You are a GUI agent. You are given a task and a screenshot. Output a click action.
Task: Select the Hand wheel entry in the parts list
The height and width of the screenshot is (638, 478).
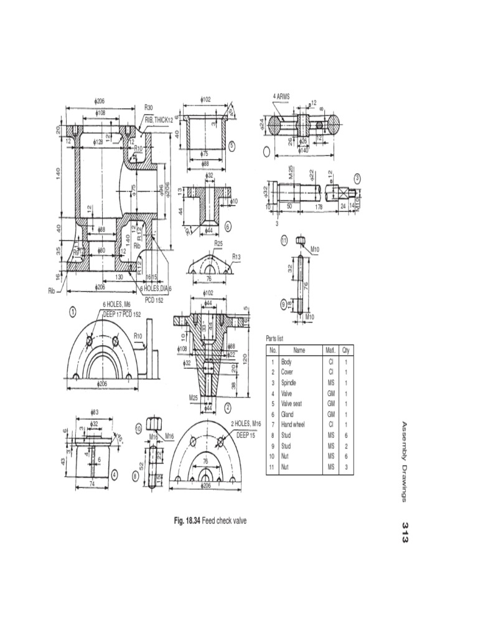coord(291,424)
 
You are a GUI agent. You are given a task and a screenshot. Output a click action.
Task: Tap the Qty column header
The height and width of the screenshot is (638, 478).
coord(345,350)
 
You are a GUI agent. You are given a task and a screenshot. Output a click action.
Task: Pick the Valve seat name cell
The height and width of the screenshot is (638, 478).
coord(291,403)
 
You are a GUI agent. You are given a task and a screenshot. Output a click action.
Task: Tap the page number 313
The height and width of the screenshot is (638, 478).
coord(405,533)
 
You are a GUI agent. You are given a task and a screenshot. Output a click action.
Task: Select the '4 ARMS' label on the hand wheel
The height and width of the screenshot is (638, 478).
coord(281,97)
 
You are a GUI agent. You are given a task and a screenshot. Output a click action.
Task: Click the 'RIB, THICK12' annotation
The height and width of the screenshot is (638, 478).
coord(159,119)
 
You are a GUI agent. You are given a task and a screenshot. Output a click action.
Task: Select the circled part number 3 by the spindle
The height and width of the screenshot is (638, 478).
coord(357,178)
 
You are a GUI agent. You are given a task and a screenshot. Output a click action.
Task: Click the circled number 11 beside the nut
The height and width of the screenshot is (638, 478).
coord(284,240)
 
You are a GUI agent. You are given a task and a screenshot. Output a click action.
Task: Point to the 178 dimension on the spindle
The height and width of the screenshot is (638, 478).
coord(319,206)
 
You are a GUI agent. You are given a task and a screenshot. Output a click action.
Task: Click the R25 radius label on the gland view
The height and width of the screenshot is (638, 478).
coord(218,244)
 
